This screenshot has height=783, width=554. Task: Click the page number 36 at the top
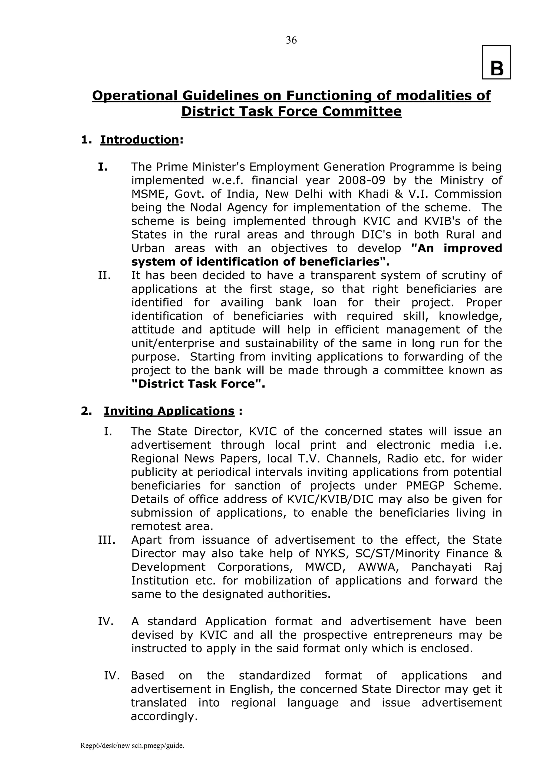tap(291, 40)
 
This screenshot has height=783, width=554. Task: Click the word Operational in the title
tap(135, 95)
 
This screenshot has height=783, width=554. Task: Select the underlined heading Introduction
tap(140, 140)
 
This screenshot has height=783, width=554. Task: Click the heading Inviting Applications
tap(169, 411)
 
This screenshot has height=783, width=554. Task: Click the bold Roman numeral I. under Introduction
tap(103, 167)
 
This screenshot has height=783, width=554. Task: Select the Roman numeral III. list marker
tap(106, 540)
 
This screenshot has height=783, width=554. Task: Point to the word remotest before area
tap(156, 527)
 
